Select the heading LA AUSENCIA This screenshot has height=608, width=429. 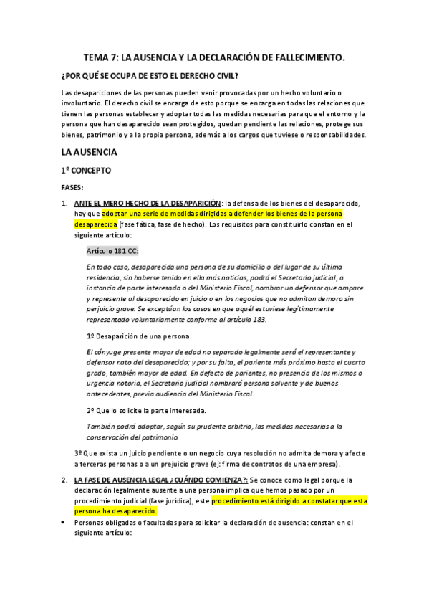[89, 152]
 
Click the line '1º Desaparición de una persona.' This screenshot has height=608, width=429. [138, 336]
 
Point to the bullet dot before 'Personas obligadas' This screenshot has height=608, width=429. [64, 523]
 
